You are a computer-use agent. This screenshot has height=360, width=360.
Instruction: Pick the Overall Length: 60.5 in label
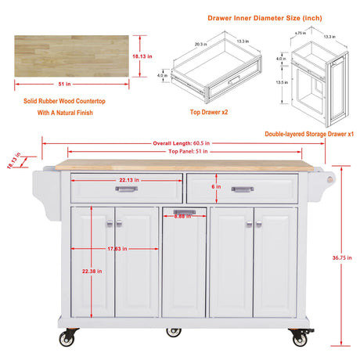click(182, 143)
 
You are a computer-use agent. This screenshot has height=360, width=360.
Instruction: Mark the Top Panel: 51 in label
click(182, 150)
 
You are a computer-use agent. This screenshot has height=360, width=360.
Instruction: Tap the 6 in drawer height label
click(218, 187)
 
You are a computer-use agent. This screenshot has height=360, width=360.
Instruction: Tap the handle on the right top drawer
click(243, 189)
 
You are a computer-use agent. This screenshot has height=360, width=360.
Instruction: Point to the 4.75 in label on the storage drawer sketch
click(300, 33)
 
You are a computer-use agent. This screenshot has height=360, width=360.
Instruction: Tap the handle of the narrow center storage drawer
click(183, 213)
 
